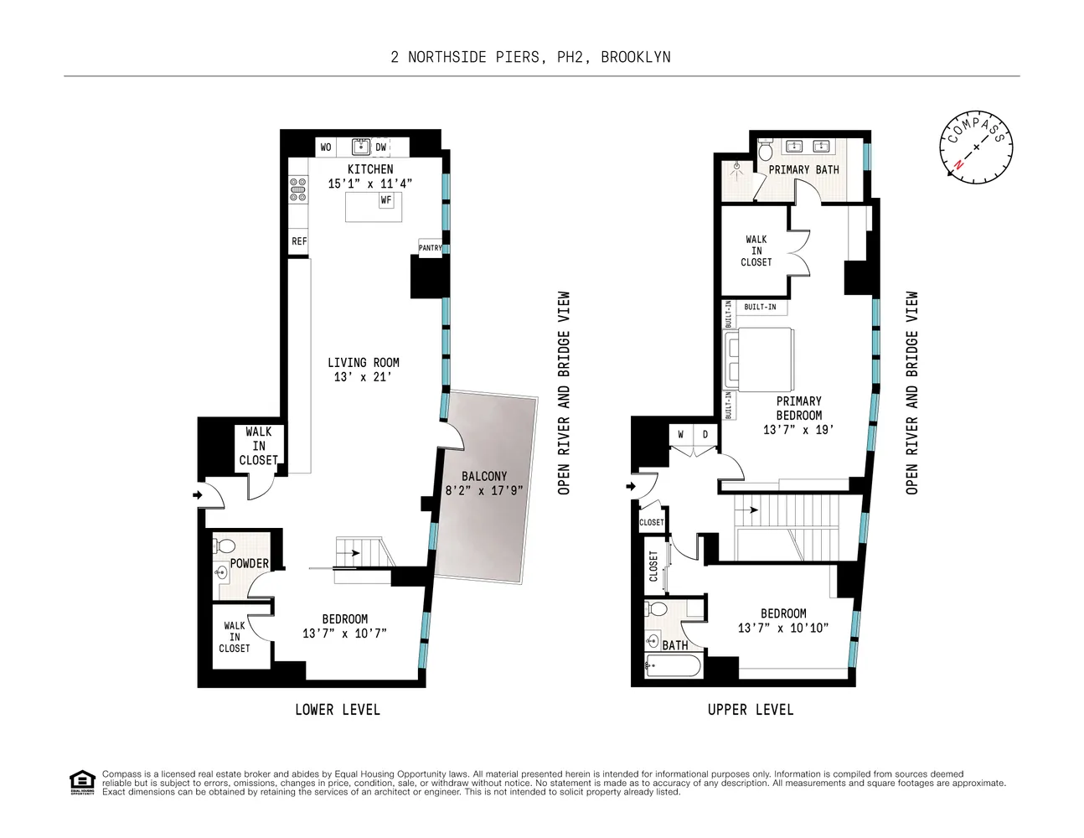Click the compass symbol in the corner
tap(976, 147)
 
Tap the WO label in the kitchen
tap(326, 147)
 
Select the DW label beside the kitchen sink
tap(381, 147)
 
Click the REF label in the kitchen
tap(299, 241)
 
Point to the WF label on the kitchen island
tap(386, 200)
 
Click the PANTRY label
tap(430, 248)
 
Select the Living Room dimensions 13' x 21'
tap(363, 377)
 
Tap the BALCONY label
tap(484, 476)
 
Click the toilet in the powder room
tap(225, 546)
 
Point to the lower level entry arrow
tap(198, 495)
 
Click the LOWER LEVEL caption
tap(338, 710)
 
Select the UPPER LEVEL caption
tap(751, 710)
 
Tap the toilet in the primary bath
tap(764, 151)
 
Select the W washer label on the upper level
tap(681, 435)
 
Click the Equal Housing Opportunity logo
tap(82, 782)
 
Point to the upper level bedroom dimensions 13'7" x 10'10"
tap(783, 628)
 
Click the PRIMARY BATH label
tap(803, 170)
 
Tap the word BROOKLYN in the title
tap(635, 57)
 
